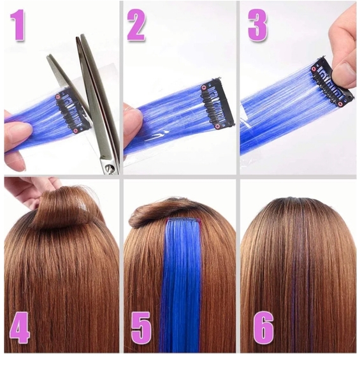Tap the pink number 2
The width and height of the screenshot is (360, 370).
[136, 26]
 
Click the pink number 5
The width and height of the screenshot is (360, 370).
[142, 328]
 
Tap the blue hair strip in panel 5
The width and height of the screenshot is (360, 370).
[179, 287]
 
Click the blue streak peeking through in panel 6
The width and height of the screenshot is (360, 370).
[294, 281]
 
